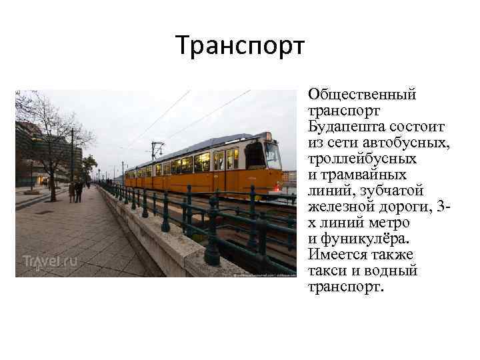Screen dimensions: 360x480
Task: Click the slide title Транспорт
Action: pyautogui.click(x=240, y=46)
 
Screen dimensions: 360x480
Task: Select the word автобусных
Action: pyautogui.click(x=395, y=143)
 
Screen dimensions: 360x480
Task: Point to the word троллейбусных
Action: pyautogui.click(x=362, y=159)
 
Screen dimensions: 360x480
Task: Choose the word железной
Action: pyautogui.click(x=340, y=207)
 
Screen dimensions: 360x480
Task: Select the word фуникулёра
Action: pyautogui.click(x=379, y=239)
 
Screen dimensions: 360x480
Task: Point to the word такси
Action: pyautogui.click(x=326, y=271)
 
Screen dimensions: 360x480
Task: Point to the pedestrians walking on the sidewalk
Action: pyautogui.click(x=76, y=191)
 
